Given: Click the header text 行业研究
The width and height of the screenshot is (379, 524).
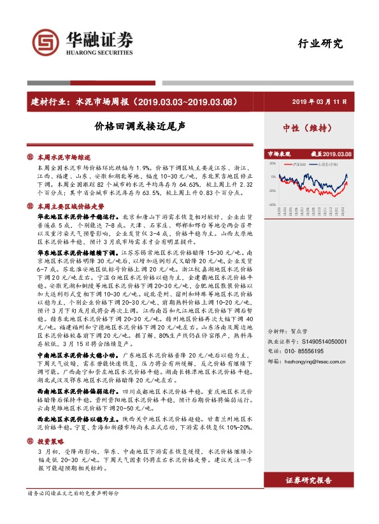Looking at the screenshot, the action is tap(320, 44).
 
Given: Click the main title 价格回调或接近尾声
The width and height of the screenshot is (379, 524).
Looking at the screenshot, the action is tap(139, 126).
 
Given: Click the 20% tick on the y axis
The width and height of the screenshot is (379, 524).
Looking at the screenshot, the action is tap(272, 163).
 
